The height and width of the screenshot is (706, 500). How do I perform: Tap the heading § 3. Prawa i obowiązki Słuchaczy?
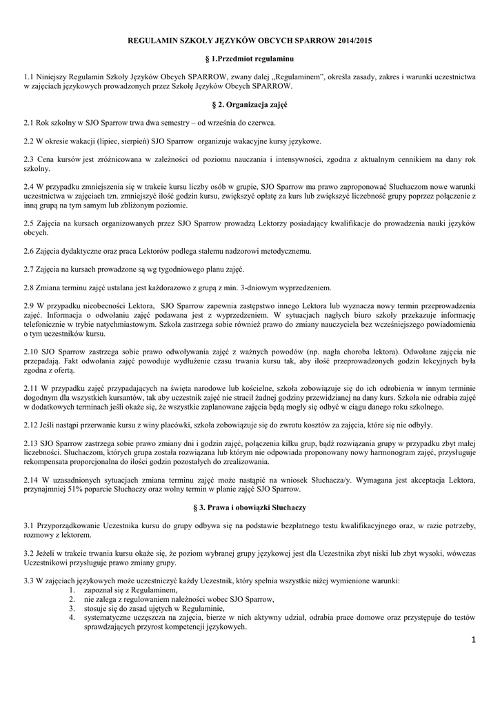pyautogui.click(x=250, y=507)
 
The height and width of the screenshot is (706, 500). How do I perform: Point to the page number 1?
pyautogui.click(x=473, y=641)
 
